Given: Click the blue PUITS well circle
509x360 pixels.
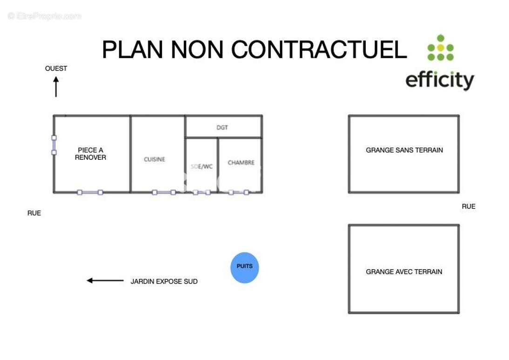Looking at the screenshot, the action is (244, 268).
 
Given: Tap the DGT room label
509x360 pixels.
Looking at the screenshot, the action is (222, 128).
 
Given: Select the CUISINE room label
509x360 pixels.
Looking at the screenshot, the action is (154, 159).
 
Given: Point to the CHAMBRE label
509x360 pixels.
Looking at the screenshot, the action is (241, 163).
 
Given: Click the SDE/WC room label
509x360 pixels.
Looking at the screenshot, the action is (201, 167).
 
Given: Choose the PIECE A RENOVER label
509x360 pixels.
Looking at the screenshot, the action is (91, 154).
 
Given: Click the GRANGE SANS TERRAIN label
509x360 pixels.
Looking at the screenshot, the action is (404, 150).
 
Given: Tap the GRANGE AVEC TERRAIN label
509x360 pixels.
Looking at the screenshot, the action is (404, 272).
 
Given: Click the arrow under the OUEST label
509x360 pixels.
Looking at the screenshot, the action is (56, 87).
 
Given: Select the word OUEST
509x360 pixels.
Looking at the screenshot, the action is (56, 68).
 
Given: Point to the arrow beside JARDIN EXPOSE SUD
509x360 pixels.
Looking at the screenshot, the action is (105, 280).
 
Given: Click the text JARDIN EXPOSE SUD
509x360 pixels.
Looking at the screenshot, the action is (164, 281).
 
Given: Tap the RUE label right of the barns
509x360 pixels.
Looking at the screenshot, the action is (469, 206).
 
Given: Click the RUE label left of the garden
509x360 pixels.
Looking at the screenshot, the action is (34, 213).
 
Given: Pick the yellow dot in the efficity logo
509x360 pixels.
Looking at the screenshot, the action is (441, 48).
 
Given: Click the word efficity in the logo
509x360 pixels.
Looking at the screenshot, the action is (440, 80).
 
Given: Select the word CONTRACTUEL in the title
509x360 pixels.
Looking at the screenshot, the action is (319, 50).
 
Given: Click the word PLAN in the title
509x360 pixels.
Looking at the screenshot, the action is (133, 50).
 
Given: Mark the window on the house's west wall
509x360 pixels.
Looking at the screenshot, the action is (54, 145).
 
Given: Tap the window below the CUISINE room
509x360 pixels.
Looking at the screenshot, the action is (164, 192).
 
